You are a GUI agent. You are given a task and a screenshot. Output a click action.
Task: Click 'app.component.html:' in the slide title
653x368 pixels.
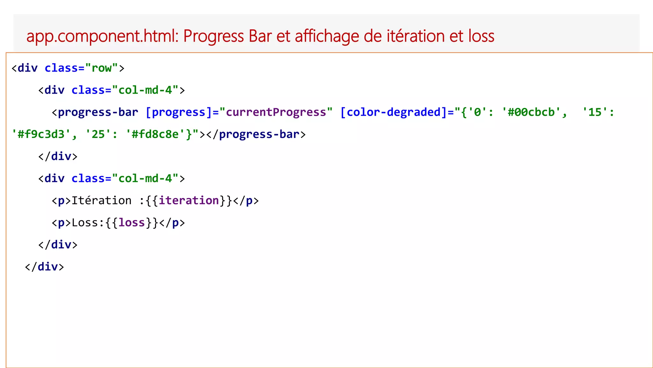click(x=102, y=36)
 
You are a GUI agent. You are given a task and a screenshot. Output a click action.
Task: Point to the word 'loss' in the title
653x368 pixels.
click(x=481, y=36)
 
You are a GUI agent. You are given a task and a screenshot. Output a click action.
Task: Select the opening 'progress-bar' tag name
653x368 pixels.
click(x=98, y=112)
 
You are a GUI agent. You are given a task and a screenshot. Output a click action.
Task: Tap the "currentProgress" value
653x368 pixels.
click(x=276, y=112)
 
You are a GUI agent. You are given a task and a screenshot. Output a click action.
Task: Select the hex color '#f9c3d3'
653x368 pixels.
click(x=41, y=134)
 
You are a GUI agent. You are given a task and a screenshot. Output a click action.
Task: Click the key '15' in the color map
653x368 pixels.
click(x=595, y=112)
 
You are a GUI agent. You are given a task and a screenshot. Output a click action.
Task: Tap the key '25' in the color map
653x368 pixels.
click(x=98, y=134)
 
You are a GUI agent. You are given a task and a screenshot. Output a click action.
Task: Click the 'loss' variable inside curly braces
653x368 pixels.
click(x=132, y=223)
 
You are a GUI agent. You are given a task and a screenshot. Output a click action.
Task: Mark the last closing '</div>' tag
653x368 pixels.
click(x=44, y=267)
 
